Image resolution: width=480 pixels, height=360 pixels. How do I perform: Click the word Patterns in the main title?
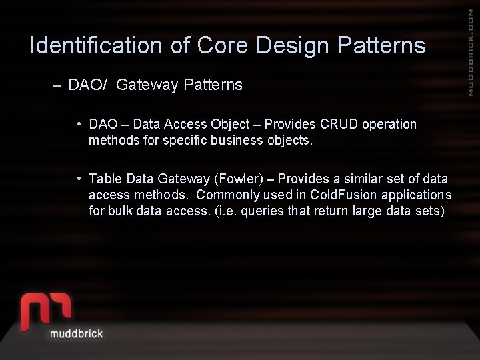click(381, 45)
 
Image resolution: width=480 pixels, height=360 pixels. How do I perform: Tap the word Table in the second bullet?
click(104, 179)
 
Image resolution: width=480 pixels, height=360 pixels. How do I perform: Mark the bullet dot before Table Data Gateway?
click(79, 178)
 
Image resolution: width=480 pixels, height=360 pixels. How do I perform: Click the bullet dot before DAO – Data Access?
click(79, 123)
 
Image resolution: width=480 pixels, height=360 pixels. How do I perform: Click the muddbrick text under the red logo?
click(77, 333)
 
